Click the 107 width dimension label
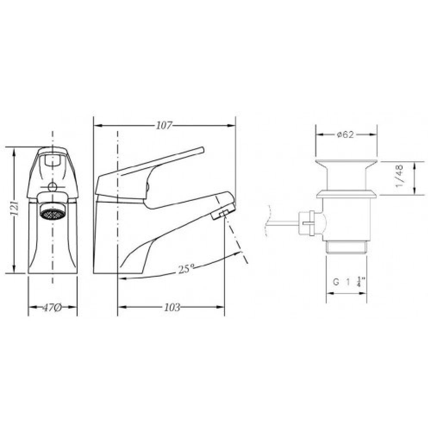click(164, 125)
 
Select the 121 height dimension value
click(15, 209)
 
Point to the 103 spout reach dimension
click(172, 307)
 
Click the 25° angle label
click(186, 269)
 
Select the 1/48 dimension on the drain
click(400, 176)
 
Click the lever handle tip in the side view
click(202, 150)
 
